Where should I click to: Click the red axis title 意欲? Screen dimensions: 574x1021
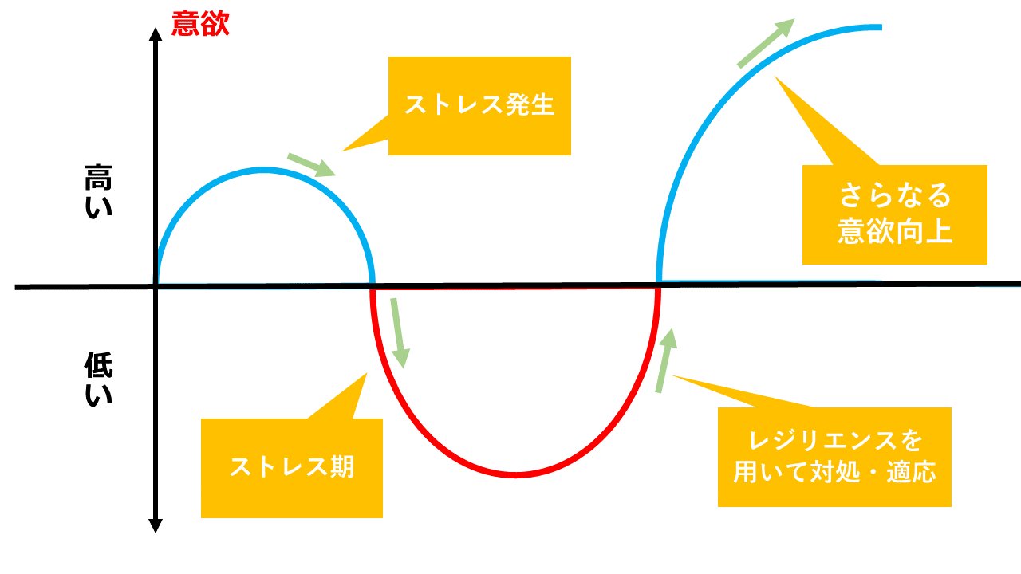[200, 24]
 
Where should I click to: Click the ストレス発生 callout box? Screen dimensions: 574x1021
[479, 105]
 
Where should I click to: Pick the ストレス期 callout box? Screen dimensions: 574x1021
[292, 468]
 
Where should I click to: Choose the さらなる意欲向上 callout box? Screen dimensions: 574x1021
[894, 214]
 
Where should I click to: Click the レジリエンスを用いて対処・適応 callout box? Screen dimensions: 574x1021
[834, 457]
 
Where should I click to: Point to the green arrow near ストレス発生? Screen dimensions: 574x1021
[311, 164]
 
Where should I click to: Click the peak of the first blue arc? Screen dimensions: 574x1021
[265, 169]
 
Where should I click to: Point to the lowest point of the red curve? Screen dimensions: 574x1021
[515, 475]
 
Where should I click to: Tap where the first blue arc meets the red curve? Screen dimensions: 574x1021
[373, 285]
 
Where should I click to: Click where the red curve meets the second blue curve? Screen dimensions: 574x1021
[659, 285]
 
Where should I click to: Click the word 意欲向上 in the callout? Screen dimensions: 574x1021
[894, 232]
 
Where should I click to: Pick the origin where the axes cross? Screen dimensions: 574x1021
[156, 285]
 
